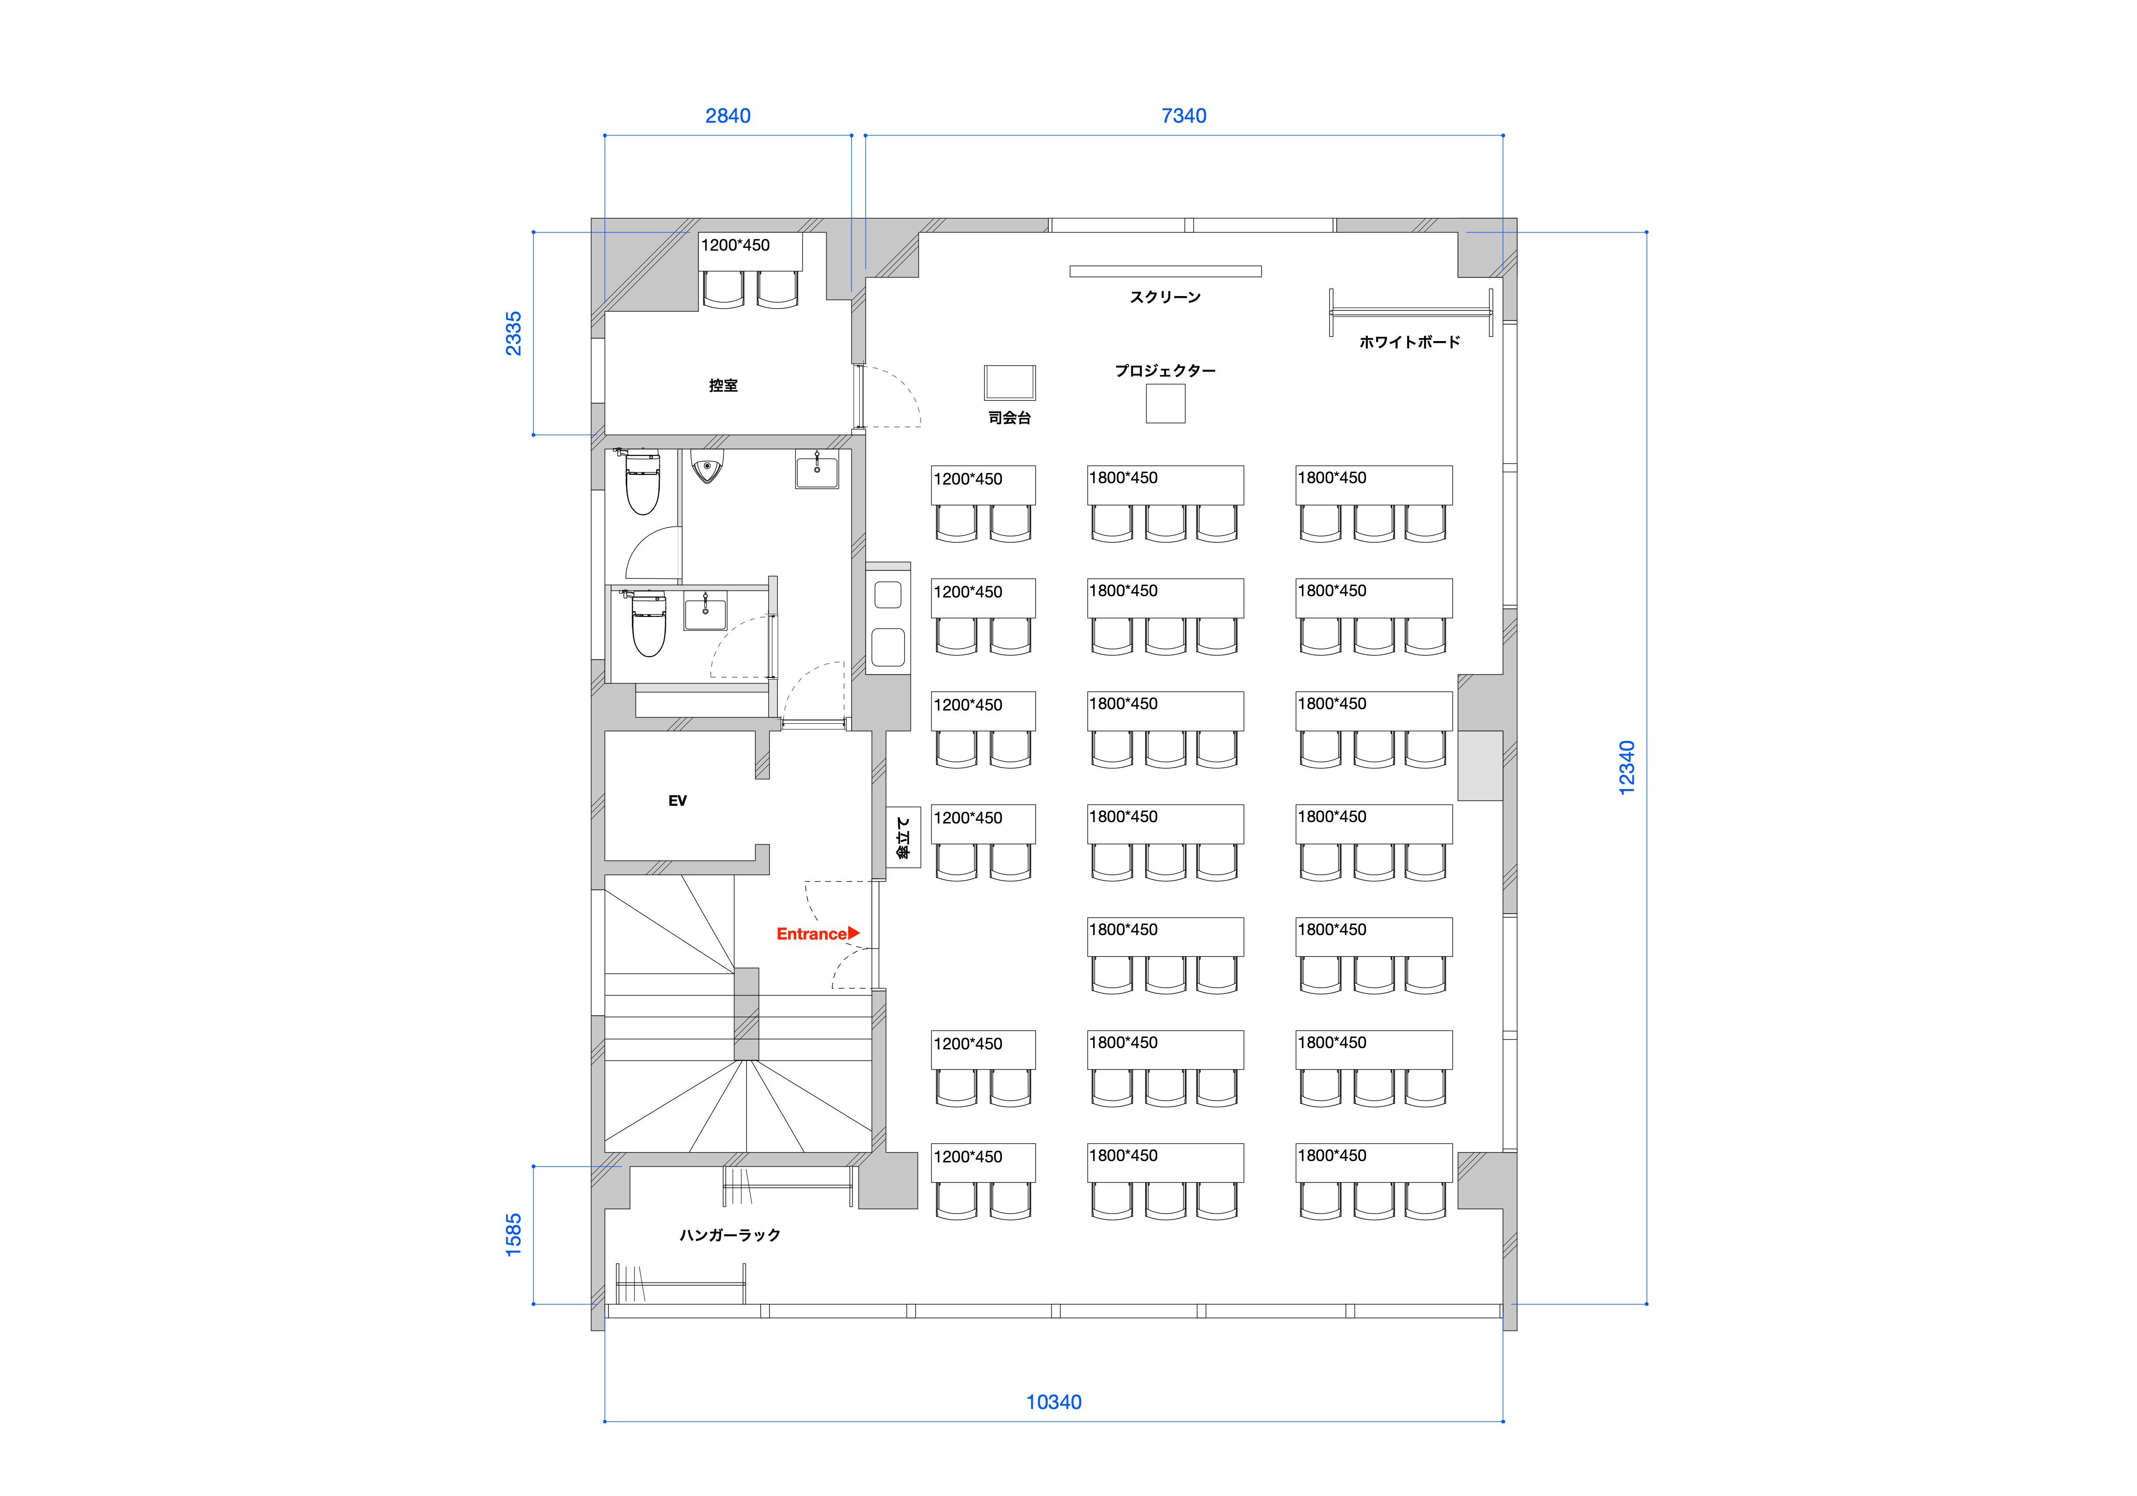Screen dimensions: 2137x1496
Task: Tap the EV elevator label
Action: point(677,801)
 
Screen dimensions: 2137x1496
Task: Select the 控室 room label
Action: point(723,385)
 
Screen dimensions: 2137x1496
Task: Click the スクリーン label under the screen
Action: point(1165,297)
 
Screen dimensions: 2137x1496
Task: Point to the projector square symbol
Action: point(1165,403)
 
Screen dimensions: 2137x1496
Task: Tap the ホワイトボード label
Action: point(1409,342)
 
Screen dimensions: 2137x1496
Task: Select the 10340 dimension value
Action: point(1053,1402)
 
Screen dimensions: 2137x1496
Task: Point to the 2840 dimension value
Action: point(728,116)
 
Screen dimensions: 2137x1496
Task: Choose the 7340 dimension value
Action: point(1184,116)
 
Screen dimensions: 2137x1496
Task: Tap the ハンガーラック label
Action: point(730,1235)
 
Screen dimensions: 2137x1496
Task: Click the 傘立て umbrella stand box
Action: point(903,837)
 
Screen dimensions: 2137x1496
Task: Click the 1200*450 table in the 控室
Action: point(750,252)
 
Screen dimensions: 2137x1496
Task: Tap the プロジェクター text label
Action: point(1165,371)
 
